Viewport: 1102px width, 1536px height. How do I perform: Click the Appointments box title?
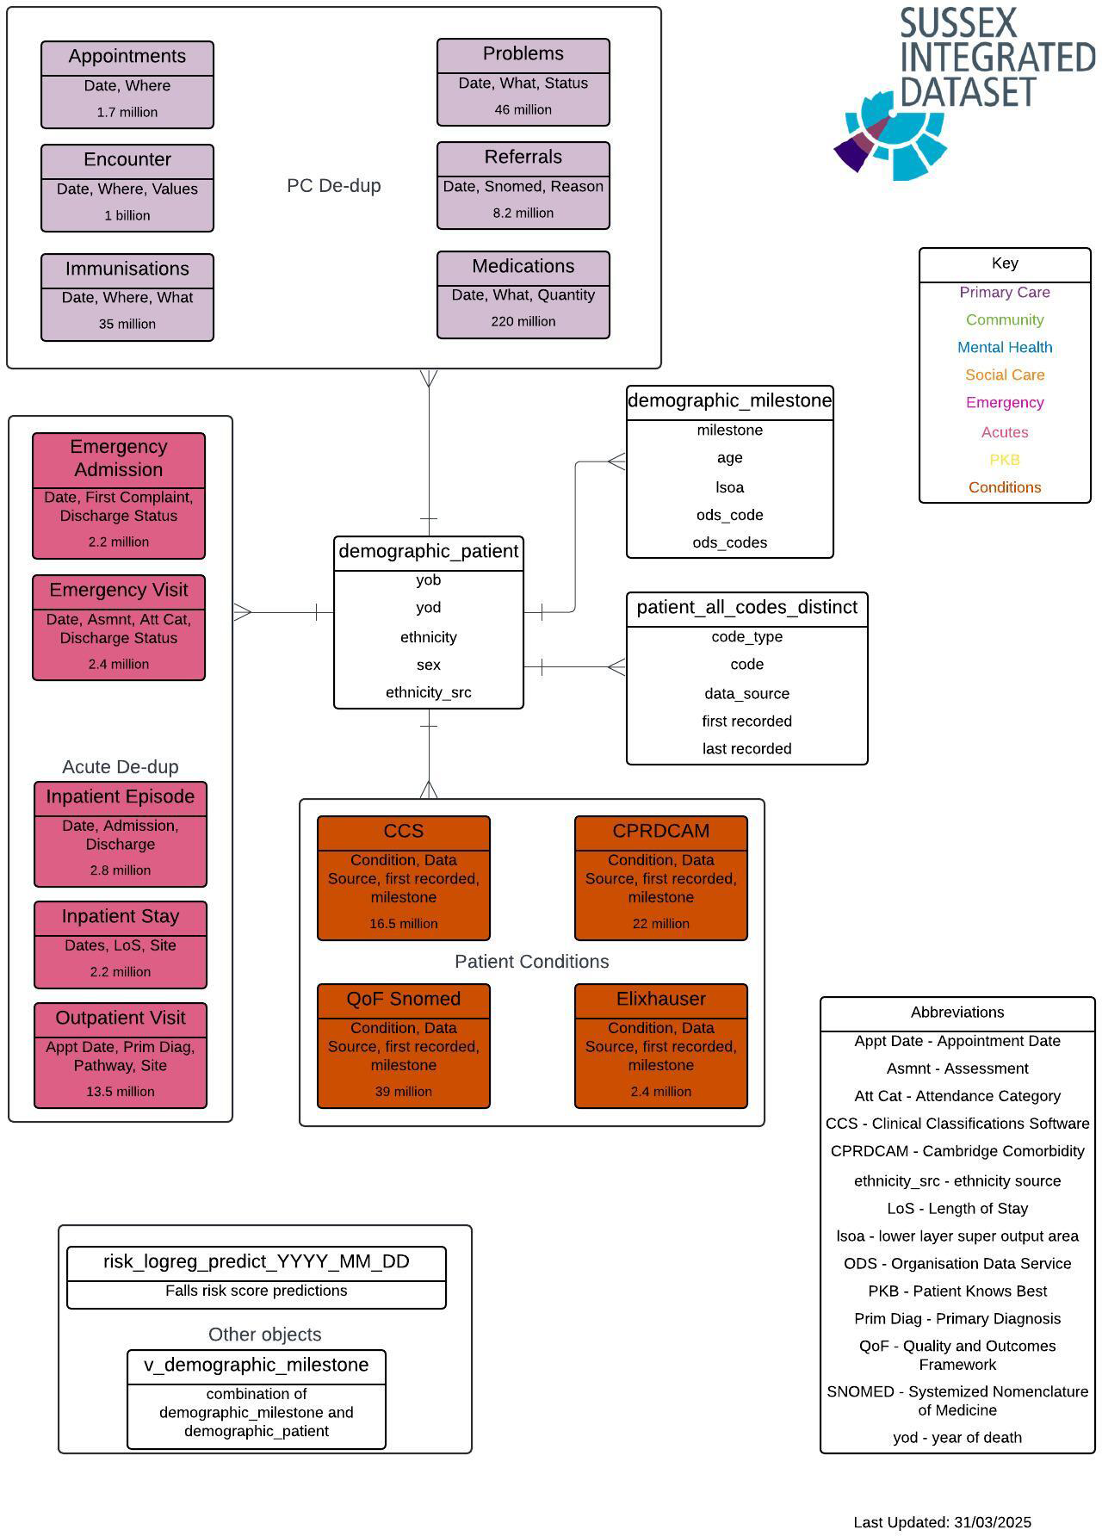127,57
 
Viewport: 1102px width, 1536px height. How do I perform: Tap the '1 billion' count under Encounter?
127,215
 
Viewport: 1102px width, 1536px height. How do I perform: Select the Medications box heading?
523,267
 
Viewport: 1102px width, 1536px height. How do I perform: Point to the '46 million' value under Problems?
523,109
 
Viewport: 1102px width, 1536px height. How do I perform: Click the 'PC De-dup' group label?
334,186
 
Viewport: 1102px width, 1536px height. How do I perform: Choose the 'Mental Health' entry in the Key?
1005,348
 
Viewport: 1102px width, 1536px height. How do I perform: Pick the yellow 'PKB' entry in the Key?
1005,460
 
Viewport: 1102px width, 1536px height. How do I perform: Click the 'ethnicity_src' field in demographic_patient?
429,693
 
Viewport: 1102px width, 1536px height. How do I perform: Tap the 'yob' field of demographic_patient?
429,580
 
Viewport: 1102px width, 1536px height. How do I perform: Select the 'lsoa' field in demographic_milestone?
730,487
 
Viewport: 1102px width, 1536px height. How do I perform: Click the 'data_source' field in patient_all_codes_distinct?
747,694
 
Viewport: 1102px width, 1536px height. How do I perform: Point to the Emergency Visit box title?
119,591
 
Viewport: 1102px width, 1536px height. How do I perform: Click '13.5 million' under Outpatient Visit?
121,1092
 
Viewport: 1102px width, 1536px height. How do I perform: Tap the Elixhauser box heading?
661,1000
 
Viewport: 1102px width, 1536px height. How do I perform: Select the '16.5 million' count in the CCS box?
404,924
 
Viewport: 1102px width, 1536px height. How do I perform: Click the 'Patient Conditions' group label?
532,963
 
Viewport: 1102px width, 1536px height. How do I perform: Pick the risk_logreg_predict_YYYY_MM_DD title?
257,1262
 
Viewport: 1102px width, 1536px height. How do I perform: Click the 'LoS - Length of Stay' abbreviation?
957,1209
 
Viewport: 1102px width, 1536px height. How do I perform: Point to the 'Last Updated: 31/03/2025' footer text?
943,1523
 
